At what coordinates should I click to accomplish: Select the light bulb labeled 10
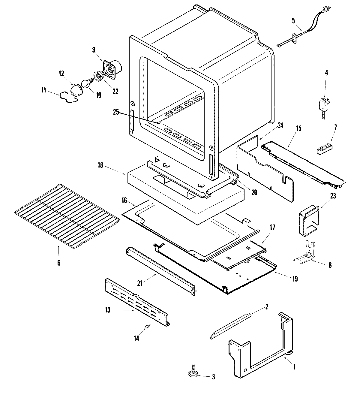(86, 83)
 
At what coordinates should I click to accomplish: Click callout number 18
(100, 165)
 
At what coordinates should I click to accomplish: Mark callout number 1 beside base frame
(294, 366)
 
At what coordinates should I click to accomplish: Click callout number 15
(298, 129)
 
